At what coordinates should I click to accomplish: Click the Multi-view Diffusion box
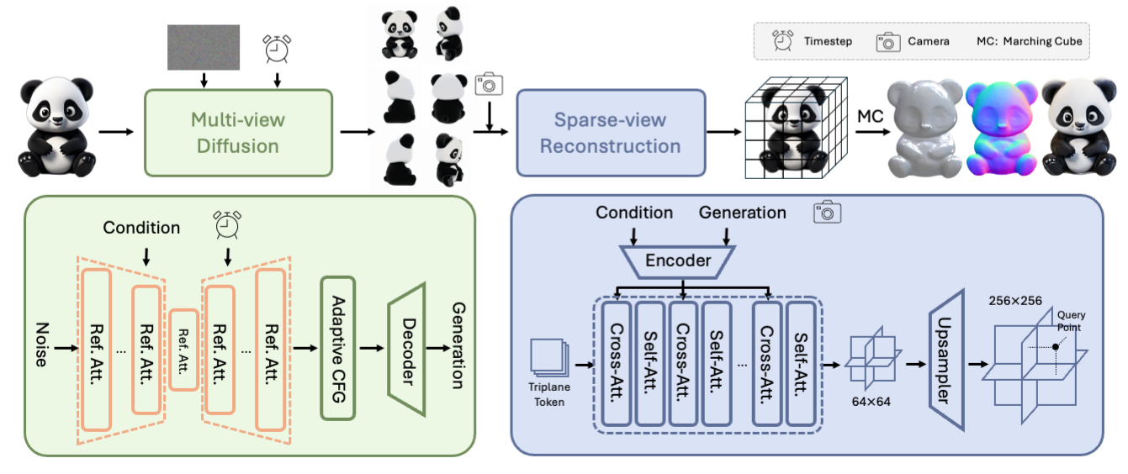click(x=240, y=132)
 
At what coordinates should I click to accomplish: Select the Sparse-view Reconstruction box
click(x=610, y=132)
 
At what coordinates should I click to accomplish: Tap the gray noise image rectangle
click(x=204, y=47)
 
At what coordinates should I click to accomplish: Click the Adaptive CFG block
click(x=338, y=348)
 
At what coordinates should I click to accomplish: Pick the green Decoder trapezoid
click(x=405, y=349)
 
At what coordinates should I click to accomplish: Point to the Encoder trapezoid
click(x=678, y=261)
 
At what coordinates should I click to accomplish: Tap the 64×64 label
click(x=870, y=402)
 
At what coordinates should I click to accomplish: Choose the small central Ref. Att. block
click(x=183, y=349)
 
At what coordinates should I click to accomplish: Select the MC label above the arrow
click(x=870, y=115)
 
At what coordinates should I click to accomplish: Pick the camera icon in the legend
click(x=888, y=41)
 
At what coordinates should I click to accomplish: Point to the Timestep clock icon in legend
click(x=784, y=40)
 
